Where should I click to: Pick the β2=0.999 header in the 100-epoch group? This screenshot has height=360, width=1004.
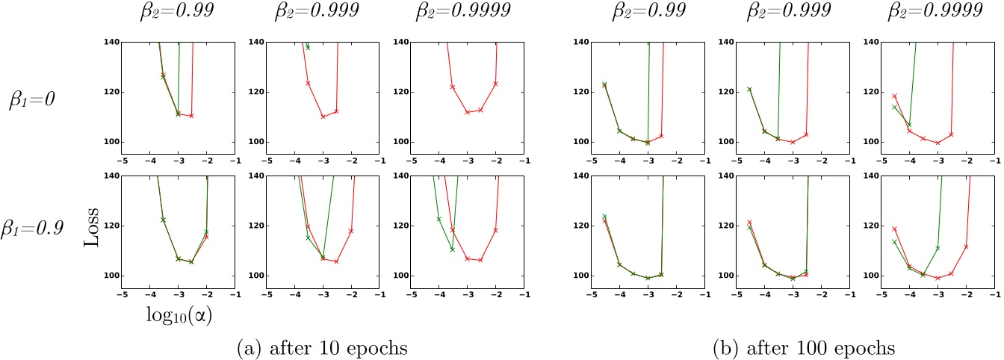coord(793,16)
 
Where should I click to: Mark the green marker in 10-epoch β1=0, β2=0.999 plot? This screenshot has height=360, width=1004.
coord(308,48)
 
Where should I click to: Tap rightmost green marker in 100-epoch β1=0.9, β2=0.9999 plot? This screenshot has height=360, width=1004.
coord(937,248)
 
